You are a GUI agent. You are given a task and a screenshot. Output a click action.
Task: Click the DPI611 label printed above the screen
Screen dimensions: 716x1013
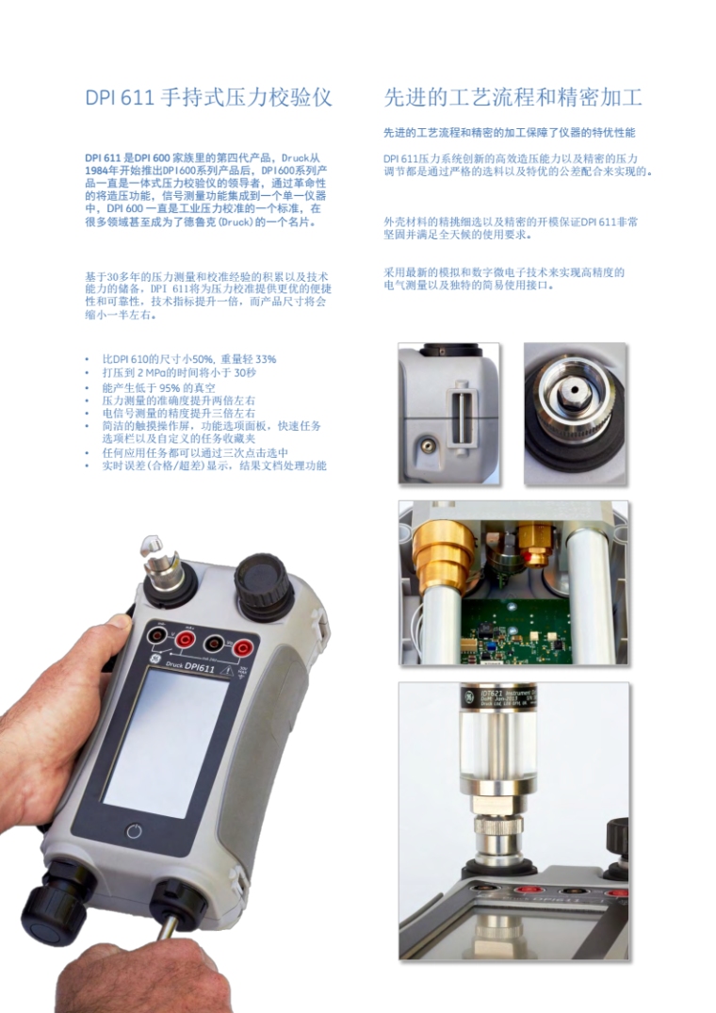point(200,666)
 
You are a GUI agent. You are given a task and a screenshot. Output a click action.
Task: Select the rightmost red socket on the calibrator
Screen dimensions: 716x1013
point(242,646)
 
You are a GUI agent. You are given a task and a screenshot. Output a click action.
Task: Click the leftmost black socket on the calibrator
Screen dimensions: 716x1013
point(155,635)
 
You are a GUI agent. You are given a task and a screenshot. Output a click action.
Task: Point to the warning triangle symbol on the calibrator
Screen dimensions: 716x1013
point(227,672)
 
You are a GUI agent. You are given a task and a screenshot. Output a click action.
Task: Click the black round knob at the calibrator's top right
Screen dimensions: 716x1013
point(262,578)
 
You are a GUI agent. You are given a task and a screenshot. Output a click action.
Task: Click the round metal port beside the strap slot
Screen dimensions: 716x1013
point(427,445)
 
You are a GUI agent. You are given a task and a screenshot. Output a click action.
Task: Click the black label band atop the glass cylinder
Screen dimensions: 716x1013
point(497,697)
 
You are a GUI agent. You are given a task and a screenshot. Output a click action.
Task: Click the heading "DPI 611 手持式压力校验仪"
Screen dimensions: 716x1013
point(208,97)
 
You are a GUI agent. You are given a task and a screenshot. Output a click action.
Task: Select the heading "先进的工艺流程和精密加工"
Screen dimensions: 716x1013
point(513,97)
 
